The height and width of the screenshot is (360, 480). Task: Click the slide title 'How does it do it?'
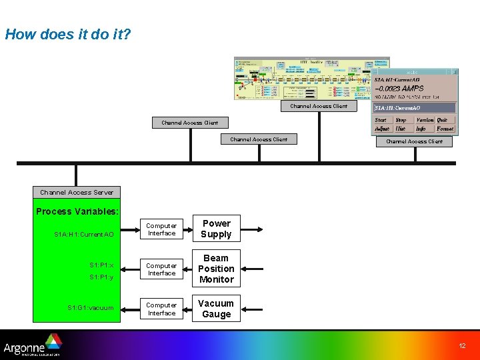[68, 34]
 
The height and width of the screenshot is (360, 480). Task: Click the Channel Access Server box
[77, 192]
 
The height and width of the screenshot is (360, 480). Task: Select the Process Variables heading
[77, 211]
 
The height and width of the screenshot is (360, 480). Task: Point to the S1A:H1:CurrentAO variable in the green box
[84, 235]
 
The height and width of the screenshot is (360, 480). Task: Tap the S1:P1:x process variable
[101, 265]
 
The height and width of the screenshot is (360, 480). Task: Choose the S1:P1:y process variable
[101, 277]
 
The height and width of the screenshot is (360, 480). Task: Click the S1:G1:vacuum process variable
[91, 308]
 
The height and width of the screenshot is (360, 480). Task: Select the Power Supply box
[216, 229]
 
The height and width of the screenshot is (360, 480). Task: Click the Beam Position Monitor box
[216, 269]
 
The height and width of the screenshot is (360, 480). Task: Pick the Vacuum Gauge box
[216, 309]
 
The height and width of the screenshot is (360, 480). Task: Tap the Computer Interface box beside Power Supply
[161, 229]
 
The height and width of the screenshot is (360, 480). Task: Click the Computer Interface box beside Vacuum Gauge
[161, 309]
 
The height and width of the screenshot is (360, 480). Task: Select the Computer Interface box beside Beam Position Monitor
[161, 269]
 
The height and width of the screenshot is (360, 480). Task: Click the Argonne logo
[32, 346]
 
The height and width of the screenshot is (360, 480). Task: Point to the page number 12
[462, 345]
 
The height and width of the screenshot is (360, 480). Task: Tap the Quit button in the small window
[443, 120]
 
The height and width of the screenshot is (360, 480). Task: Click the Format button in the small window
[445, 129]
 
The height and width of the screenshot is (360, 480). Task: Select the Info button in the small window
[421, 129]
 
